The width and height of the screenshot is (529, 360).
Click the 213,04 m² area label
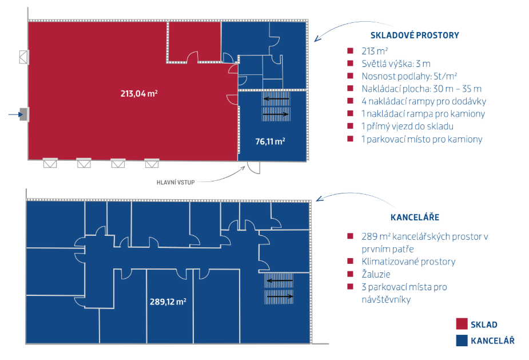click(x=139, y=93)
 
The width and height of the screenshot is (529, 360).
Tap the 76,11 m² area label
click(x=270, y=141)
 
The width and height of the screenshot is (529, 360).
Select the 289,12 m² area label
click(x=168, y=302)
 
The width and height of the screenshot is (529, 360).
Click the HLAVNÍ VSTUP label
click(x=176, y=183)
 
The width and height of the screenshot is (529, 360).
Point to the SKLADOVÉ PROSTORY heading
click(x=415, y=35)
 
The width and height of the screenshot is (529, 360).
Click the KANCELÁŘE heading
click(x=415, y=217)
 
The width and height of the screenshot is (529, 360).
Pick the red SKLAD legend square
click(x=462, y=323)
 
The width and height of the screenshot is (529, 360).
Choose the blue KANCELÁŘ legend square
click(x=462, y=341)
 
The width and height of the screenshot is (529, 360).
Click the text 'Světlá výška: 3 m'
click(x=396, y=64)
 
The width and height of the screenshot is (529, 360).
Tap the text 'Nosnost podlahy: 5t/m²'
click(x=409, y=76)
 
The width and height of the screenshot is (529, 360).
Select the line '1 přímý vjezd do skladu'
click(x=407, y=126)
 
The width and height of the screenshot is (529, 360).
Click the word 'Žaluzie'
click(x=376, y=274)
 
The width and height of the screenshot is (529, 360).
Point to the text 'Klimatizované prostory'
click(x=408, y=262)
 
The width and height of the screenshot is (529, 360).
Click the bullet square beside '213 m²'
click(x=350, y=51)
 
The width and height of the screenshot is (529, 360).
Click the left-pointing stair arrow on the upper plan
click(x=276, y=99)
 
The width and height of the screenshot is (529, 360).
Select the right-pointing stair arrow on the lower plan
click(x=279, y=296)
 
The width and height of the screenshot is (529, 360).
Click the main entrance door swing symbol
click(x=254, y=168)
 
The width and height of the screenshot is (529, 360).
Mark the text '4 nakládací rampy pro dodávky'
click(x=424, y=101)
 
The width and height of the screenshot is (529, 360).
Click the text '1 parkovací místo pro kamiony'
click(x=421, y=139)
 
